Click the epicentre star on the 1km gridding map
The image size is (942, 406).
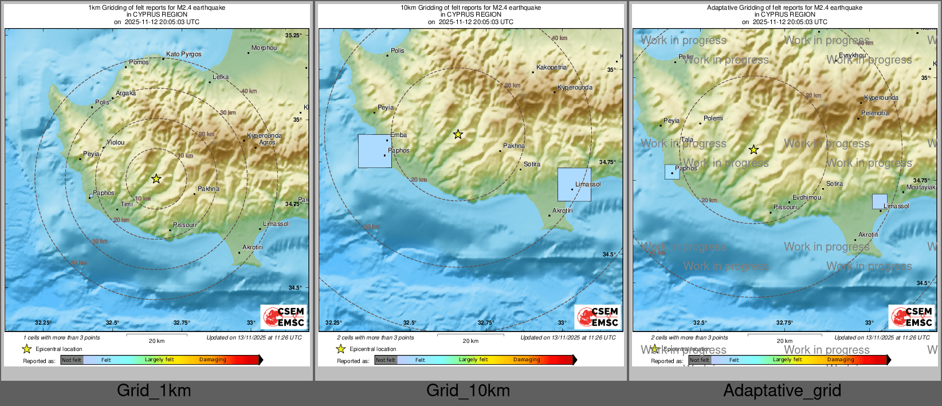click(156, 179)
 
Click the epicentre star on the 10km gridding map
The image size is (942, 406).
click(458, 135)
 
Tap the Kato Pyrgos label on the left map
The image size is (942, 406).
click(183, 54)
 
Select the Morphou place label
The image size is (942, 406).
click(264, 48)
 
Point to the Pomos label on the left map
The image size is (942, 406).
click(139, 63)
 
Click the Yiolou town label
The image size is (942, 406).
click(115, 143)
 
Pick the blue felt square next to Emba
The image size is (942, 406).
click(375, 151)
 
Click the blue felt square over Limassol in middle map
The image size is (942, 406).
click(574, 185)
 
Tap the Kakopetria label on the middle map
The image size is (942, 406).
click(551, 68)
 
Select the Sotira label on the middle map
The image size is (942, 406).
click(532, 165)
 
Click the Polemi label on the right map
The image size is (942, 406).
click(713, 119)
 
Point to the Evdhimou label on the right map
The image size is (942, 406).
click(806, 198)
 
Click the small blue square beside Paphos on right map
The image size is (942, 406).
click(672, 172)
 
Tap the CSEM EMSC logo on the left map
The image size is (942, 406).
click(284, 317)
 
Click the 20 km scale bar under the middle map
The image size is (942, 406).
click(470, 334)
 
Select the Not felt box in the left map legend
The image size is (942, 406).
click(72, 360)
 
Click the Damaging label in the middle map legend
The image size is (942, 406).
click(527, 360)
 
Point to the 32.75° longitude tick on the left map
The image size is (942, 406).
click(182, 323)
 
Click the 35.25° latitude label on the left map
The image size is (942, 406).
click(293, 36)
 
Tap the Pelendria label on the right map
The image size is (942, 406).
click(874, 114)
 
